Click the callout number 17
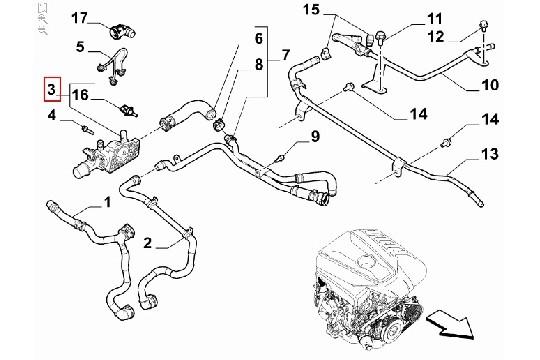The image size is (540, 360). [80, 17]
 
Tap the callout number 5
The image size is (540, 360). [80, 46]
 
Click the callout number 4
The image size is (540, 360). [52, 118]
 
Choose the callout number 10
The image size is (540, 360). [490, 85]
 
